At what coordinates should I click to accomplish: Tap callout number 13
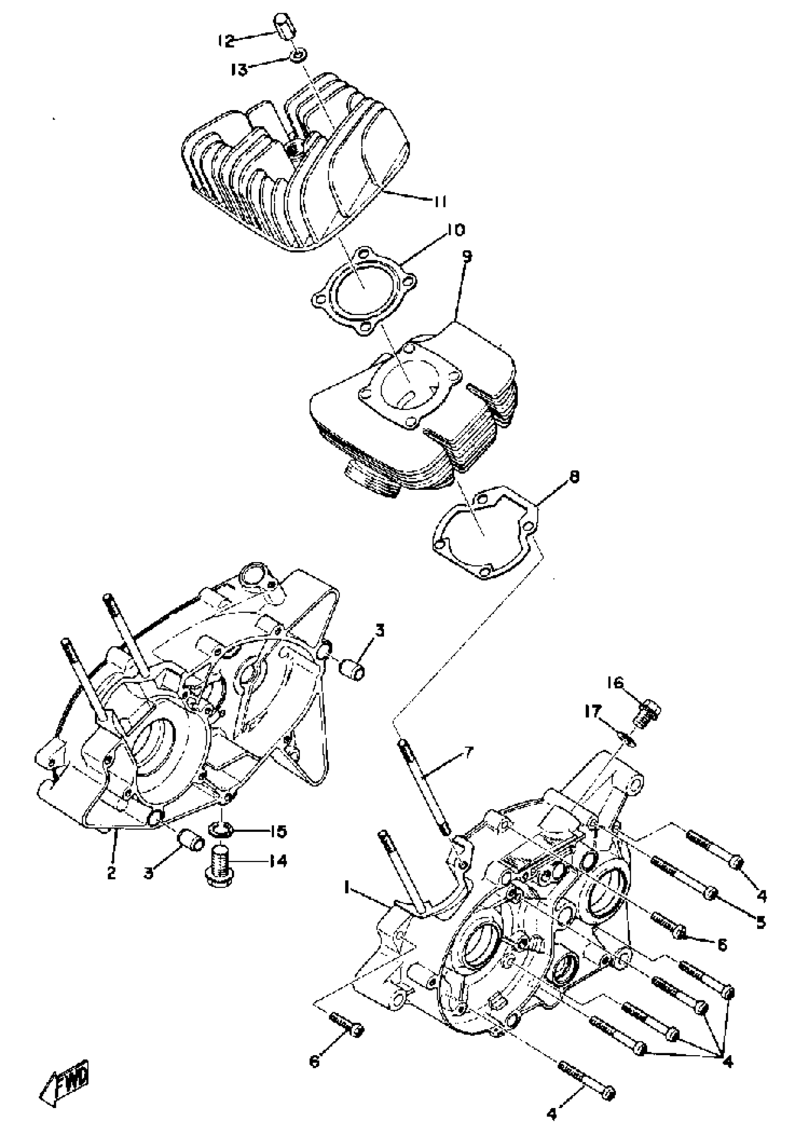pyautogui.click(x=239, y=70)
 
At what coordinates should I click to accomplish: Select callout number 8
pyautogui.click(x=573, y=477)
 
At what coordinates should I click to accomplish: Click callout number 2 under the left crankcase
pyautogui.click(x=112, y=873)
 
